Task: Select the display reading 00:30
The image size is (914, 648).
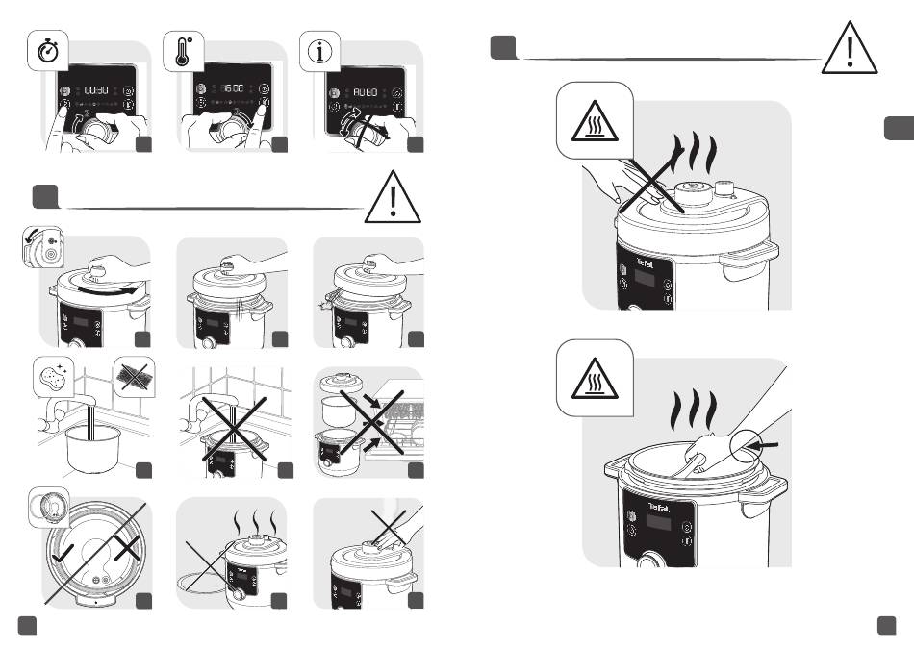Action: coord(96,88)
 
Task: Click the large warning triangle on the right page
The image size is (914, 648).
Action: coord(849,49)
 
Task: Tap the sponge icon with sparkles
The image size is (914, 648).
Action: coord(53,377)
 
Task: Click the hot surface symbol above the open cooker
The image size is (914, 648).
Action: coord(594,385)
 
